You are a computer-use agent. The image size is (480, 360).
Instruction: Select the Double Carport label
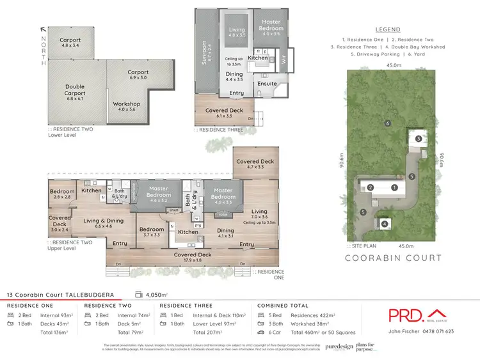(75, 89)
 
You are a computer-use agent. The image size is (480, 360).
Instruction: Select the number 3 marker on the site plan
(418, 139)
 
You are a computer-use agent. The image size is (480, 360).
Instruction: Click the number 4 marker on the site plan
(385, 224)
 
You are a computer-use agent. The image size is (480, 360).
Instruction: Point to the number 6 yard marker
(388, 123)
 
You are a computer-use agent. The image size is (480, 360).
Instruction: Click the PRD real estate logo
(413, 315)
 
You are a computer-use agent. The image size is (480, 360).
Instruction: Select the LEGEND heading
(388, 29)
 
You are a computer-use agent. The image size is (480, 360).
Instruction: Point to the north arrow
(43, 29)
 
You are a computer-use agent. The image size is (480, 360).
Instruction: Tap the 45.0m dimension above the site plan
(393, 65)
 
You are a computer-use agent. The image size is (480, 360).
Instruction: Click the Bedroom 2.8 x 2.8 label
(62, 194)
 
